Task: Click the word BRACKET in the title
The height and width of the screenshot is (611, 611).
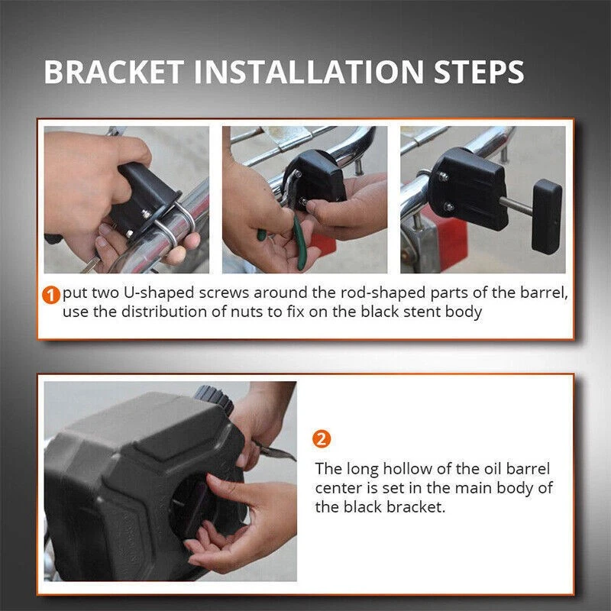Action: pos(114,72)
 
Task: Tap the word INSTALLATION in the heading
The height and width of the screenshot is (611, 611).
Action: pos(309,72)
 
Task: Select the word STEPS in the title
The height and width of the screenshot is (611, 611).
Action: pos(479,72)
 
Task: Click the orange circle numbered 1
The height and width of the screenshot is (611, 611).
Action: pos(51,295)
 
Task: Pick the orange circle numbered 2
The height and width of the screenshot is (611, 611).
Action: pos(322,439)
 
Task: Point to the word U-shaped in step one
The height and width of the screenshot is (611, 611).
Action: pos(159,293)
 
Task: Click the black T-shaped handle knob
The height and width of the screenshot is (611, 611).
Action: pos(547,216)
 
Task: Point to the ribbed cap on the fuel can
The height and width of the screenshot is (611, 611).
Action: pos(214,398)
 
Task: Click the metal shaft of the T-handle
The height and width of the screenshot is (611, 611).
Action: pos(516,206)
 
